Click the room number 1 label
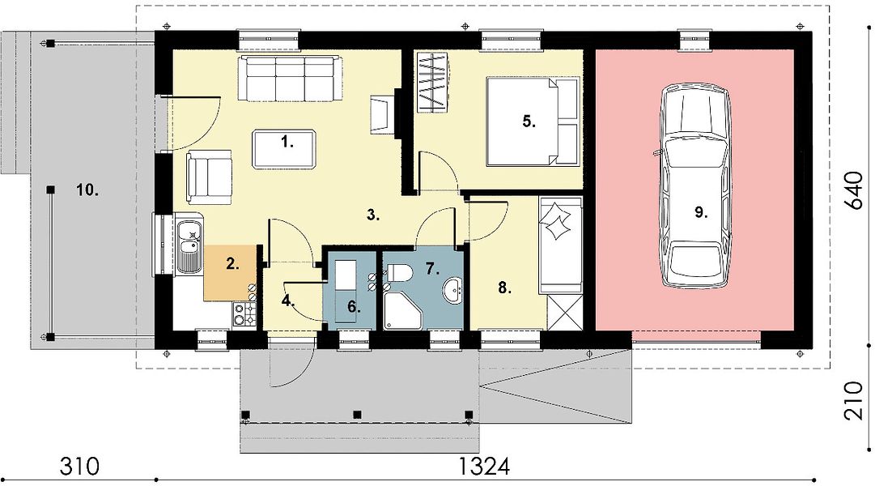click(x=287, y=143)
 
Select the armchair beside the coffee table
click(x=209, y=177)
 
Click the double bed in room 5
click(x=532, y=122)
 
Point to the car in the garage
click(x=694, y=185)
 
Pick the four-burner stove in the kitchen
click(x=244, y=313)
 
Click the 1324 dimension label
click(x=484, y=465)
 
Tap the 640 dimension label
click(x=854, y=190)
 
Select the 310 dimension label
click(x=80, y=465)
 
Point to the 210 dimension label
click(x=854, y=400)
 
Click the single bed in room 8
click(x=560, y=245)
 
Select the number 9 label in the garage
click(x=702, y=212)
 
